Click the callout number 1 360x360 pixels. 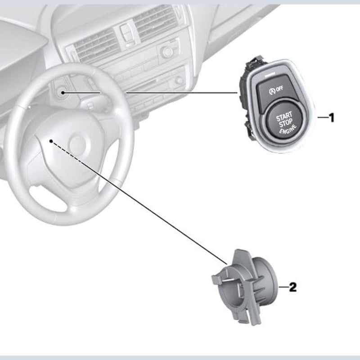[x=332, y=117]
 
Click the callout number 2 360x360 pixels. [x=293, y=287]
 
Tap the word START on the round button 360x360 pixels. [x=284, y=117]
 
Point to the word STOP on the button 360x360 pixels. [x=286, y=123]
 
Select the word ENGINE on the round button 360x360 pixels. [x=288, y=130]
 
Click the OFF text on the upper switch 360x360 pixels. [x=279, y=89]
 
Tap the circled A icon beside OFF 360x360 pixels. [x=272, y=91]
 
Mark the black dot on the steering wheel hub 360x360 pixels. [x=51, y=141]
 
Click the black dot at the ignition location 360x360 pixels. [x=63, y=93]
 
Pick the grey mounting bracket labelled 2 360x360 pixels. [x=245, y=287]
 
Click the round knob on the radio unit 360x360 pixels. [x=166, y=52]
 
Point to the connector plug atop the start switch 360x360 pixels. [x=255, y=62]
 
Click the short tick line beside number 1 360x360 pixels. [x=323, y=117]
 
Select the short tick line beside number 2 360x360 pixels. [x=283, y=287]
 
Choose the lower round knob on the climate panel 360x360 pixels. [x=179, y=80]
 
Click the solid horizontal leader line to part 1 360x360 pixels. [x=150, y=93]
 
